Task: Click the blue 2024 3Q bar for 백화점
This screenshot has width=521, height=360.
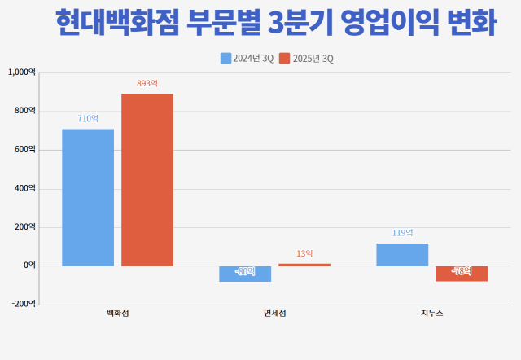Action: pyautogui.click(x=88, y=197)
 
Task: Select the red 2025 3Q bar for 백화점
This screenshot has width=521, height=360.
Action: pyautogui.click(x=147, y=179)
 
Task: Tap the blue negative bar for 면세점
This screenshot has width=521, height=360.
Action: pyautogui.click(x=245, y=274)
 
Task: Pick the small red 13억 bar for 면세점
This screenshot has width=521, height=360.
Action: pyautogui.click(x=304, y=265)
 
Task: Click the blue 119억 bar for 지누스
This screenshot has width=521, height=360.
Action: pyautogui.click(x=402, y=254)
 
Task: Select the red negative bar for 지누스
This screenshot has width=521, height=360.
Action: pyautogui.click(x=462, y=274)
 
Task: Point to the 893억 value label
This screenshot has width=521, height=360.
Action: pyautogui.click(x=147, y=84)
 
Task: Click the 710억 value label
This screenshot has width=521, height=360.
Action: pyautogui.click(x=88, y=119)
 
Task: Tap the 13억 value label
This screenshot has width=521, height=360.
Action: pyautogui.click(x=304, y=254)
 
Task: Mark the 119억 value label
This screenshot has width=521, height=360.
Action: pyautogui.click(x=402, y=234)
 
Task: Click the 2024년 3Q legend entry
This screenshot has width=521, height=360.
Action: pyautogui.click(x=247, y=59)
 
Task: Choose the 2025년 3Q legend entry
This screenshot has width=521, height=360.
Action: pyautogui.click(x=306, y=59)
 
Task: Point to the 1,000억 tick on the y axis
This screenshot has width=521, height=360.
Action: pyautogui.click(x=22, y=72)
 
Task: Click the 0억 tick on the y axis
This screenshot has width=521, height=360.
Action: pyautogui.click(x=28, y=266)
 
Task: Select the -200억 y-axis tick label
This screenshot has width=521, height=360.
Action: pyautogui.click(x=23, y=304)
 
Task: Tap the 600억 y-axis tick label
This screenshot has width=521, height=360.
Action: pyautogui.click(x=25, y=150)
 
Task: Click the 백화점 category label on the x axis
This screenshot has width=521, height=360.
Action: pyautogui.click(x=118, y=314)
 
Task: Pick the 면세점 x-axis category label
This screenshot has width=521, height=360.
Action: pyautogui.click(x=275, y=314)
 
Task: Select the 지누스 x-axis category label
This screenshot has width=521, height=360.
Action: pyautogui.click(x=432, y=314)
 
